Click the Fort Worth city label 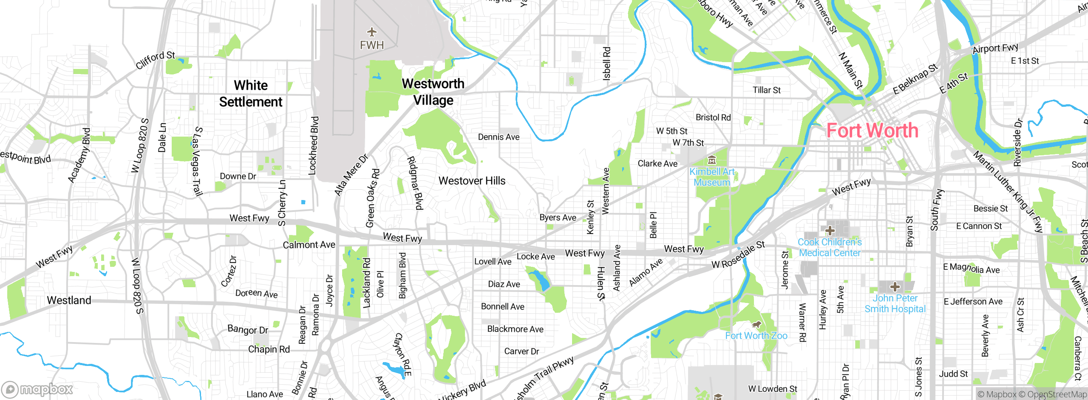tap(872, 131)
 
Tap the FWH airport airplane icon tap(372, 32)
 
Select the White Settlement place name tap(251, 94)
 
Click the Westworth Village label tap(433, 92)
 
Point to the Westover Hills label tap(472, 181)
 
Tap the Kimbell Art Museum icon tap(712, 160)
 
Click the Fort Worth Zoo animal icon tap(756, 325)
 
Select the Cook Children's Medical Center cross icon tap(830, 231)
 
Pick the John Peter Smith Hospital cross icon tap(895, 286)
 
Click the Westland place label tap(69, 300)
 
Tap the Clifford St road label tap(155, 60)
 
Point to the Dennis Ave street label tap(499, 137)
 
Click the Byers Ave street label tap(558, 217)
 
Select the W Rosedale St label tap(738, 254)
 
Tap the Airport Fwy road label tap(995, 48)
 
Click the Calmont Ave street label tap(309, 245)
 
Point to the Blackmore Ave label tap(515, 329)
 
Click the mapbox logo tap(37, 389)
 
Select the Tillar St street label tap(767, 90)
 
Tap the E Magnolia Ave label tap(971, 268)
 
